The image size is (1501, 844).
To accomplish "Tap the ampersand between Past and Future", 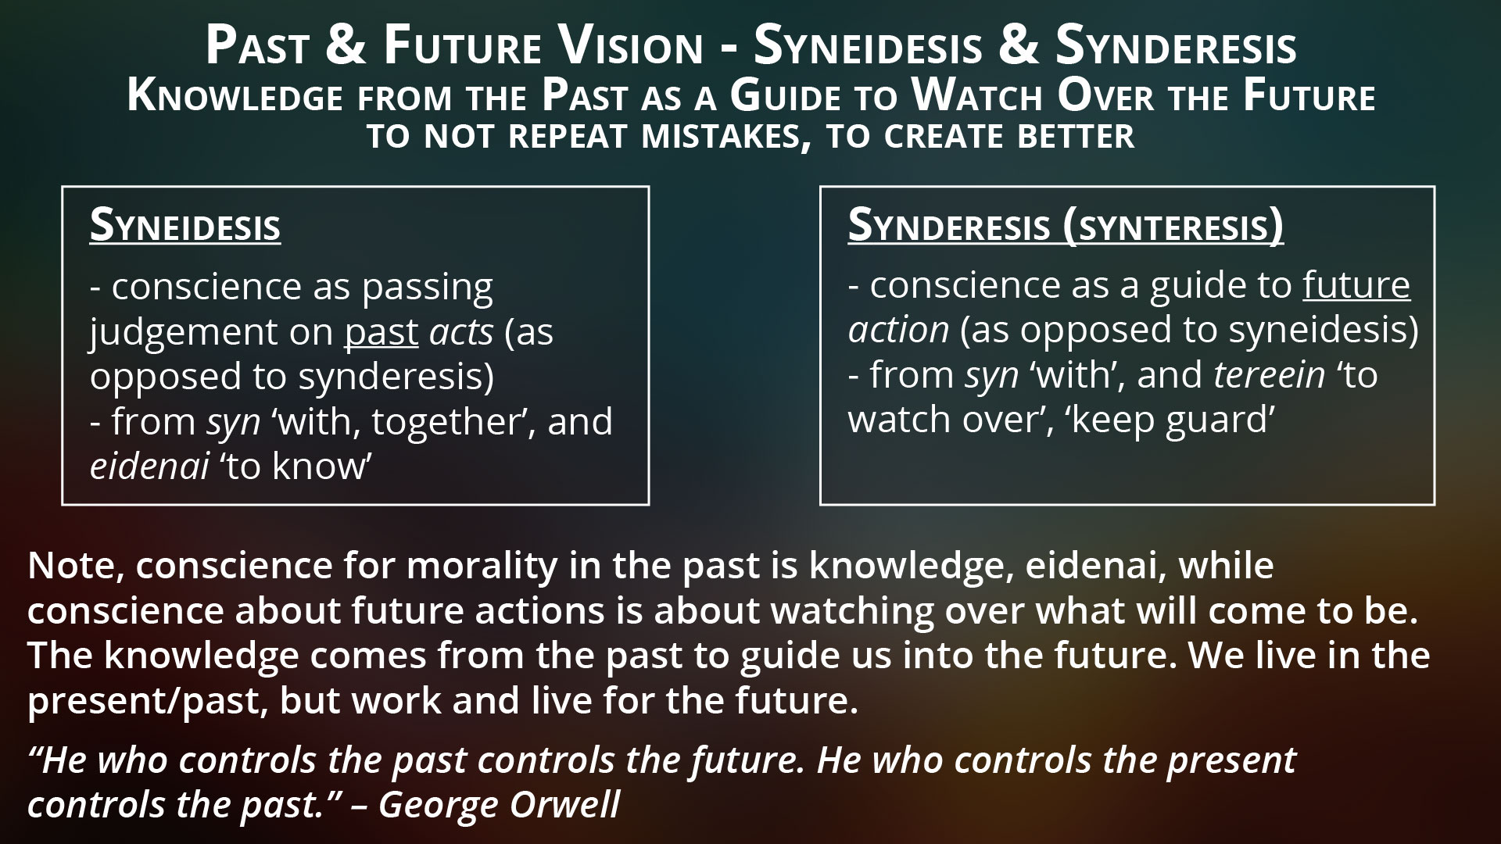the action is tap(344, 46).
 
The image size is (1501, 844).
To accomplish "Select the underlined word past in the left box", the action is tap(382, 332).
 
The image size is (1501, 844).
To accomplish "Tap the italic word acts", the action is tap(461, 332).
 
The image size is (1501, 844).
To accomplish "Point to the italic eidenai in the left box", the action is tap(149, 466).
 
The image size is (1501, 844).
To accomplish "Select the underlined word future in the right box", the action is tap(1356, 285).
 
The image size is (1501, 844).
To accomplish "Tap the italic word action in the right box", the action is tap(898, 330).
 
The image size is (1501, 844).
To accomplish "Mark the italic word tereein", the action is tap(1270, 375).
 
